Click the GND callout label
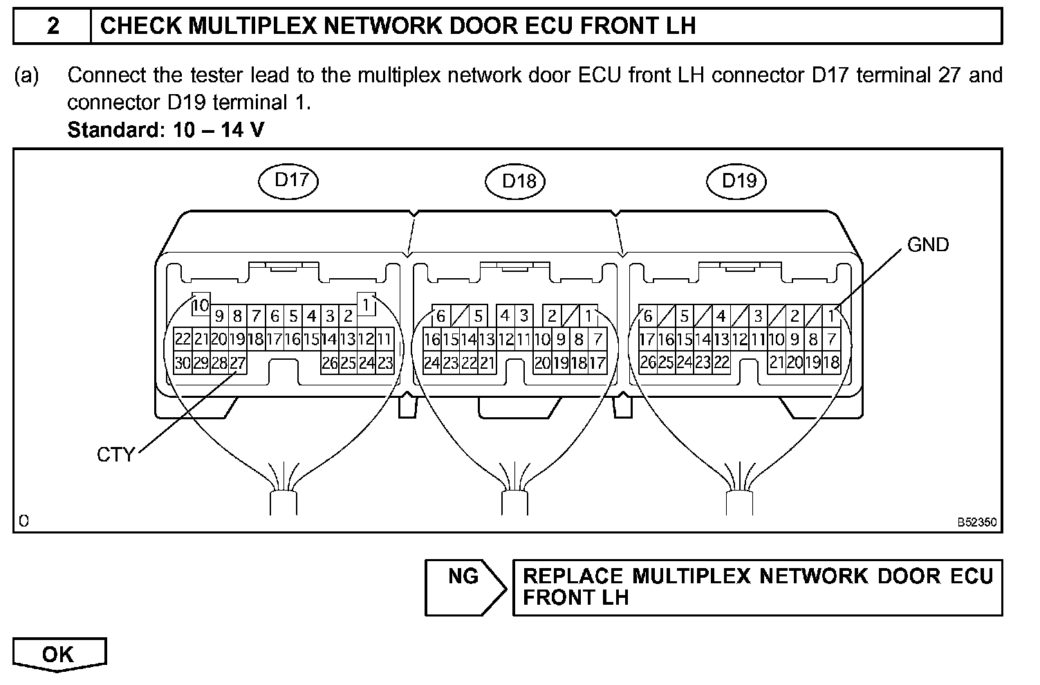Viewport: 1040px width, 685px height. click(927, 245)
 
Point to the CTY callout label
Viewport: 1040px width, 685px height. click(115, 455)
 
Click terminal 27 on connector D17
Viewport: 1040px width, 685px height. click(238, 363)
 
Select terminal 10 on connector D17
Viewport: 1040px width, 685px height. click(200, 304)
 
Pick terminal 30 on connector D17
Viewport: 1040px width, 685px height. click(183, 363)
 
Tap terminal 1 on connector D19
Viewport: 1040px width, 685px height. click(832, 317)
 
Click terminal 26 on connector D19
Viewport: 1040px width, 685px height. click(648, 362)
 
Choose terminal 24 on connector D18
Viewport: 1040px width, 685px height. click(431, 363)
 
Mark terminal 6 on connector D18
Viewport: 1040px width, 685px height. click(440, 317)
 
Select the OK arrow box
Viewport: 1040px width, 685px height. click(59, 655)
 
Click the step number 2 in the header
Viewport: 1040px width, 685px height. click(53, 26)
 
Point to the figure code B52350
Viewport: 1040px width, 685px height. click(977, 523)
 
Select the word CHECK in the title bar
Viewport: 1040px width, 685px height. click(141, 26)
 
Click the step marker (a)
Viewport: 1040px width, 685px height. click(27, 75)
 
